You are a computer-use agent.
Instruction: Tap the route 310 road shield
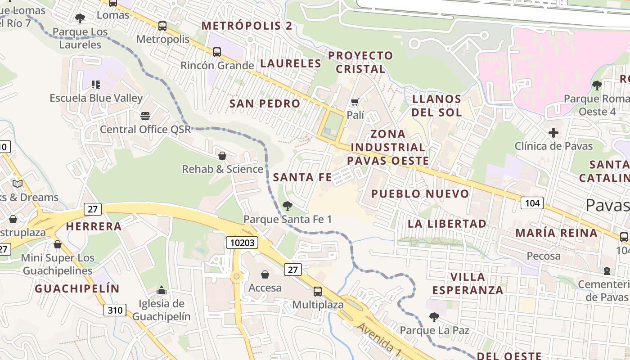115,310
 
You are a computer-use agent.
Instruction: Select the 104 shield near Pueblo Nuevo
532,203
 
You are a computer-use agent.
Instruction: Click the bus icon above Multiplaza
318,291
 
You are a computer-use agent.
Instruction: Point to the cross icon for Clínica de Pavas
553,133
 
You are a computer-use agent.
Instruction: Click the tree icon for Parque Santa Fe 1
287,206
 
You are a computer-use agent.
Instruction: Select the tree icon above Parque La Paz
434,317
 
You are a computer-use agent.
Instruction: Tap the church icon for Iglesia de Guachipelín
162,290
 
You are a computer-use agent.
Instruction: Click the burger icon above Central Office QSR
145,116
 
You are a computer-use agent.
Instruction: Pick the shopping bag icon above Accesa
265,274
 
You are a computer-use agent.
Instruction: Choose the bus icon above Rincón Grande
217,52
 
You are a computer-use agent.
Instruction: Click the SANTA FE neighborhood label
302,177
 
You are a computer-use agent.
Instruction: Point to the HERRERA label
94,226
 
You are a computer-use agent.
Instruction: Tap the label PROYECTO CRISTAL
360,62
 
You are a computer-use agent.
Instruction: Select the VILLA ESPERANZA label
468,283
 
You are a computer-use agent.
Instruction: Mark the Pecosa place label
544,256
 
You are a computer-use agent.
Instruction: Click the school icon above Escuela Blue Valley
95,84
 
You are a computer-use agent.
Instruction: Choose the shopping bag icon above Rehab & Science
222,156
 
